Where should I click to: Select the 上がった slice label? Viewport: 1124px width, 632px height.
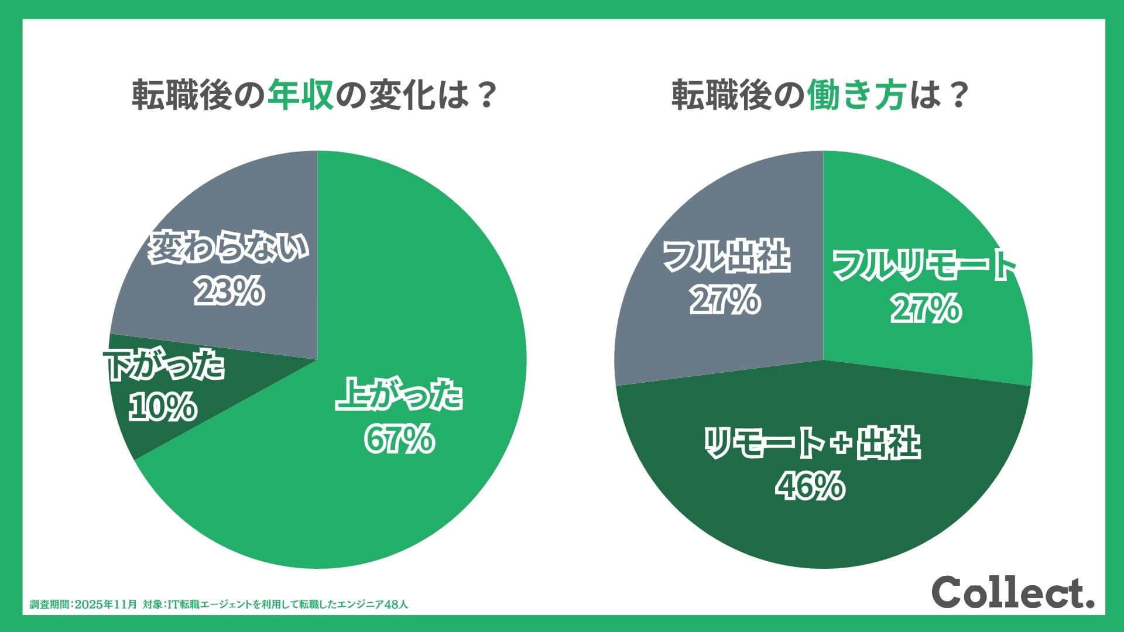click(x=399, y=396)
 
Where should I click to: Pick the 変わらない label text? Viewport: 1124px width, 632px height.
click(x=228, y=248)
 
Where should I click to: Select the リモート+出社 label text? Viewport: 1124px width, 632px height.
click(x=811, y=443)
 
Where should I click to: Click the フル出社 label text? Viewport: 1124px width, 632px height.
click(x=727, y=257)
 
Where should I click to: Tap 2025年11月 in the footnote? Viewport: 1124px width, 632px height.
click(x=107, y=604)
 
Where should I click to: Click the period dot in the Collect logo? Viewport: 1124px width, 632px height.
click(x=1089, y=603)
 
